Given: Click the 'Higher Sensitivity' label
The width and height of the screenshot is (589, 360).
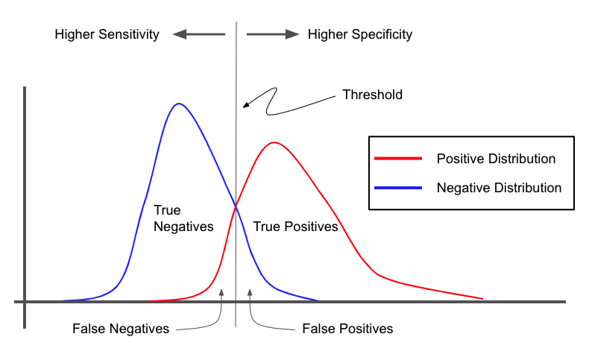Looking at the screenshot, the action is click(107, 34).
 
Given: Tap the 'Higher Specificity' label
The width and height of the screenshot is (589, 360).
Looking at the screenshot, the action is click(360, 34).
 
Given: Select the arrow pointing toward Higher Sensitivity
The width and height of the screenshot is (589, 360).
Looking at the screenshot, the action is click(199, 34).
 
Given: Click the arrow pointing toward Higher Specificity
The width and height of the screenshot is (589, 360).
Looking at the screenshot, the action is click(273, 34).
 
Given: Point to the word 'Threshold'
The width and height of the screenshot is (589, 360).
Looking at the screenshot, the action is click(372, 95).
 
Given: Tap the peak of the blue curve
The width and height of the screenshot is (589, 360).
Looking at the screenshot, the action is click(179, 104).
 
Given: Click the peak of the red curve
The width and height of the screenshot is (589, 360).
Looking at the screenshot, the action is click(274, 142).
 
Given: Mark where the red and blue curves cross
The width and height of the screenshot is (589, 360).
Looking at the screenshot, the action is click(236, 206).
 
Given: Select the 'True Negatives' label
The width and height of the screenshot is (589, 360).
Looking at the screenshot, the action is click(183, 218).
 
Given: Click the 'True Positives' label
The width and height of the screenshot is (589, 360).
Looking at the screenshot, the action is click(296, 227).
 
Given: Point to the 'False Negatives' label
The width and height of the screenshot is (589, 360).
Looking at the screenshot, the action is click(121, 329).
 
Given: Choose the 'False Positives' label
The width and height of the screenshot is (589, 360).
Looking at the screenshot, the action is click(347, 329).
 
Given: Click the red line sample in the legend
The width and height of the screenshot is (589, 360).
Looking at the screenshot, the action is click(398, 159).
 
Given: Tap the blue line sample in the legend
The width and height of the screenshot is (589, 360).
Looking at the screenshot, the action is click(398, 188).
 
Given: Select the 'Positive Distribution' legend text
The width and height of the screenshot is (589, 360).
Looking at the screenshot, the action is click(496, 159).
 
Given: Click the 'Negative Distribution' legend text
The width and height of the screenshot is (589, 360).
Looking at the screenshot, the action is click(499, 188).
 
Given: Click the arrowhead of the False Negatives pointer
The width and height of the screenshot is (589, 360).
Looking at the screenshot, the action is click(221, 291).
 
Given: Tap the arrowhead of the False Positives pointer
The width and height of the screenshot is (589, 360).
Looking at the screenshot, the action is click(250, 291).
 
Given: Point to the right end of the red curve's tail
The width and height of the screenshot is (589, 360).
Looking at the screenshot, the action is click(482, 299).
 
